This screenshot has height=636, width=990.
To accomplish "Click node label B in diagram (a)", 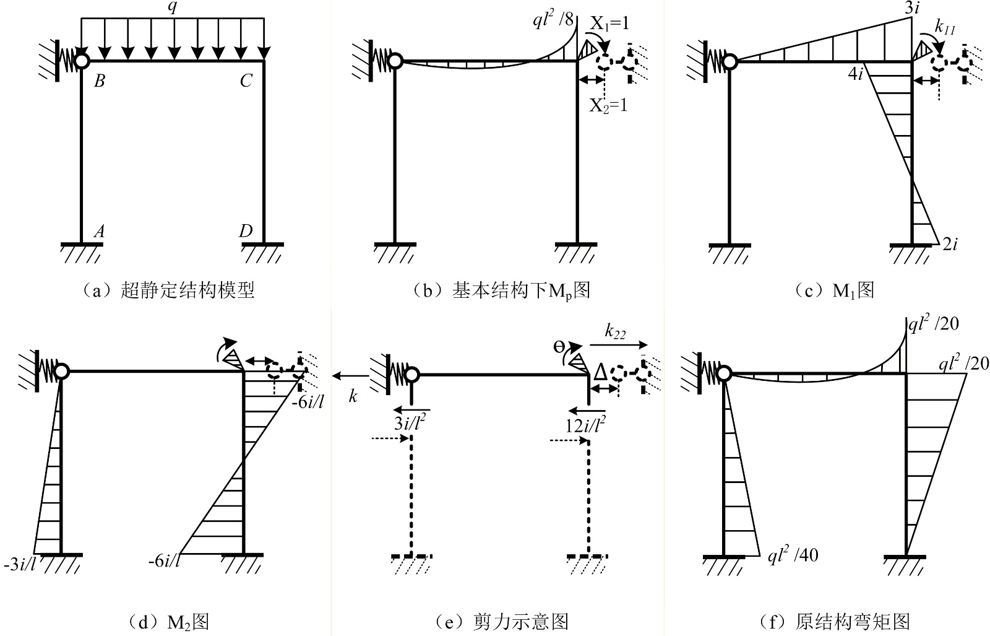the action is [x=100, y=81].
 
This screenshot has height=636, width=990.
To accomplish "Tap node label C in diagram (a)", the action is [x=246, y=81].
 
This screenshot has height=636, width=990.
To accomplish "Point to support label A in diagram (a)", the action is [x=99, y=231].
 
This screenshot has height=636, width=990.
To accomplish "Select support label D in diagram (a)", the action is [x=246, y=230].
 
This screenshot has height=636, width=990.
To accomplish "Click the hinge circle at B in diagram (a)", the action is [x=82, y=61].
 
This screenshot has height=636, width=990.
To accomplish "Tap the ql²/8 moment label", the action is [x=553, y=19].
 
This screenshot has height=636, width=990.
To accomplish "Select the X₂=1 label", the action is [x=609, y=106].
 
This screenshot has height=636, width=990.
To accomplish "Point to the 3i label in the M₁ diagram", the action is [x=912, y=7].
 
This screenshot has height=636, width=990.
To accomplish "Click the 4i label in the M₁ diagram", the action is [x=856, y=74].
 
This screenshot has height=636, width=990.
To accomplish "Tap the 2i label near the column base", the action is [x=950, y=244].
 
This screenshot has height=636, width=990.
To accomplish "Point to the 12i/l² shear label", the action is [x=585, y=424].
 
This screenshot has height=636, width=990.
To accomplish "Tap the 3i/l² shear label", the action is [x=410, y=423].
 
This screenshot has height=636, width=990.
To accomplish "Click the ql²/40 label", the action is [x=793, y=555].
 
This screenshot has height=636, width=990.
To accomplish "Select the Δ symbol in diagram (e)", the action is [x=600, y=372].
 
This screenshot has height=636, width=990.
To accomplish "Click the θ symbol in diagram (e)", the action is [x=559, y=347].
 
